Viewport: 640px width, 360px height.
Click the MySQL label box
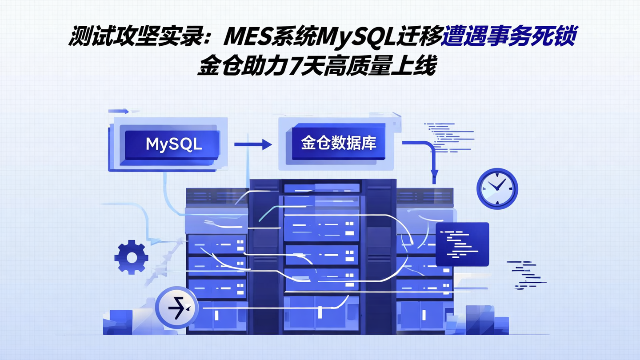tap(173, 144)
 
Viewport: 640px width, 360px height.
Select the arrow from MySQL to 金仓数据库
tap(253, 144)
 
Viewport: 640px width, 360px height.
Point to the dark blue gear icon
tap(131, 256)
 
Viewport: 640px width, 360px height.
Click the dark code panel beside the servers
tap(462, 244)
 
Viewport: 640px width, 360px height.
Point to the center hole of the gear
tap(131, 257)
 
